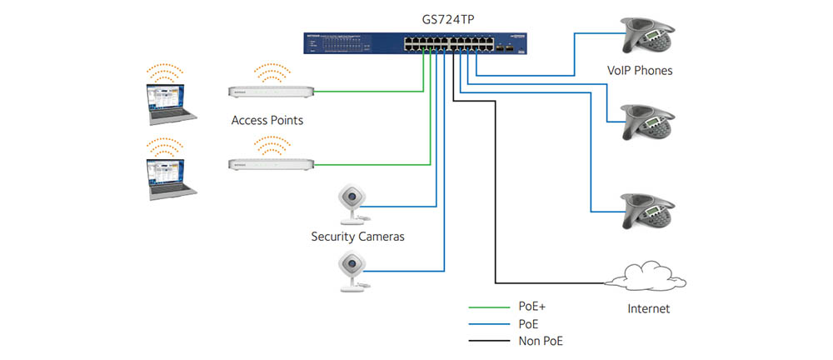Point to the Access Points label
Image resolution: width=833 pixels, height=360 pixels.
click(x=267, y=121)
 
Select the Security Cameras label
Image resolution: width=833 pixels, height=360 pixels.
click(x=357, y=237)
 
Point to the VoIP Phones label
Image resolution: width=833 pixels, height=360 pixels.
click(x=640, y=71)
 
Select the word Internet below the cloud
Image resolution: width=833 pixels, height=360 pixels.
click(x=648, y=309)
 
